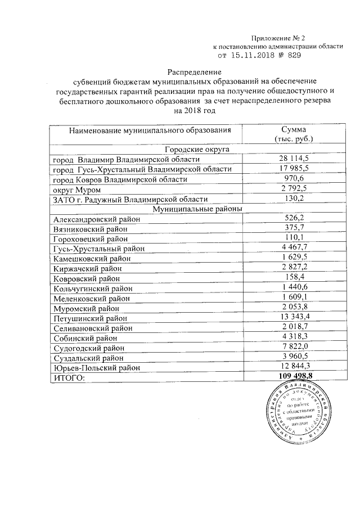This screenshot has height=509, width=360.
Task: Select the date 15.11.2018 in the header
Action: click(x=256, y=56)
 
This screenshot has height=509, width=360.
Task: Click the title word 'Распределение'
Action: click(x=195, y=73)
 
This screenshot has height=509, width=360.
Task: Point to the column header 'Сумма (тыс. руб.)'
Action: click(x=293, y=134)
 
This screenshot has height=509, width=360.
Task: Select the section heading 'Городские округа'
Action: click(x=195, y=150)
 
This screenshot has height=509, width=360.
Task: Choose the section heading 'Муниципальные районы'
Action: click(x=195, y=209)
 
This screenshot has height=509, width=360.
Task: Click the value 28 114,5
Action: click(x=293, y=159)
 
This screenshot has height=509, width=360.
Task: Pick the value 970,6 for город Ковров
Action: click(x=293, y=179)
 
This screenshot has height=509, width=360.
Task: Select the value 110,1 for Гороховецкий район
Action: click(x=293, y=238)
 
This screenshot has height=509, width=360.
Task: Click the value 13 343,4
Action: click(x=293, y=318)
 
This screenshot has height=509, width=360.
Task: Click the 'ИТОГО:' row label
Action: click(x=69, y=377)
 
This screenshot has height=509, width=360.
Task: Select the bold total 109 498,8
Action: click(x=293, y=376)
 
